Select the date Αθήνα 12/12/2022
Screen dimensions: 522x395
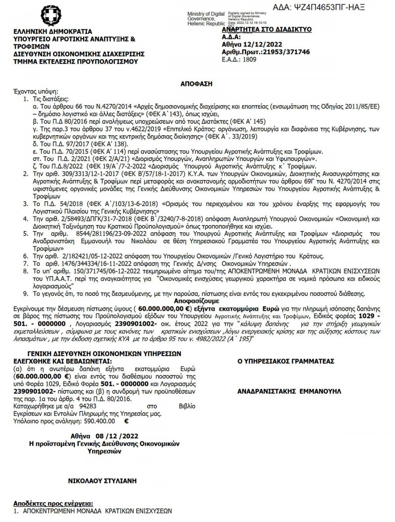[248, 44]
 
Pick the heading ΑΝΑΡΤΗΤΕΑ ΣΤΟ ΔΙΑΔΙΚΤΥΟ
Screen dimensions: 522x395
[266, 29]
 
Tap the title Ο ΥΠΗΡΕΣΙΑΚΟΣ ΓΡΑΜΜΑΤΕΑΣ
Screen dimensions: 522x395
[286, 361]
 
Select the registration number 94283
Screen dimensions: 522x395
[88, 407]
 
